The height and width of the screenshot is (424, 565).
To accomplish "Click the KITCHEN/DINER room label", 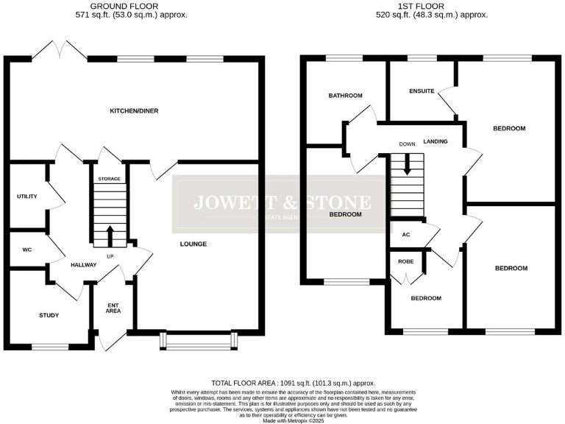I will [134, 111].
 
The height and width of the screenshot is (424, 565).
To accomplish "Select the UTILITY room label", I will [28, 197].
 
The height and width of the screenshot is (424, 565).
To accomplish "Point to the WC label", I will [27, 250].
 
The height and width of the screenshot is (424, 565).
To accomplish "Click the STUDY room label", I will [49, 315].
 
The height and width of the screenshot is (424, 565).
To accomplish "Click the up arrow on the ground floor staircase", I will [110, 236].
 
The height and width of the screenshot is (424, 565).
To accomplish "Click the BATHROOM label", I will [346, 96].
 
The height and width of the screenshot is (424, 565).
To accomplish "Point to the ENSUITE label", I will [422, 91].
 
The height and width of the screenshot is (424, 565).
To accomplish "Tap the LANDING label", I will [436, 142].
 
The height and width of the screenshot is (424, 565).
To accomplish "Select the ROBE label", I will [405, 261].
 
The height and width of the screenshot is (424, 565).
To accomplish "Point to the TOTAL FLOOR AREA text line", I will [293, 383].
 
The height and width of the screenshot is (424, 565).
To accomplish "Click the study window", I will [49, 346].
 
